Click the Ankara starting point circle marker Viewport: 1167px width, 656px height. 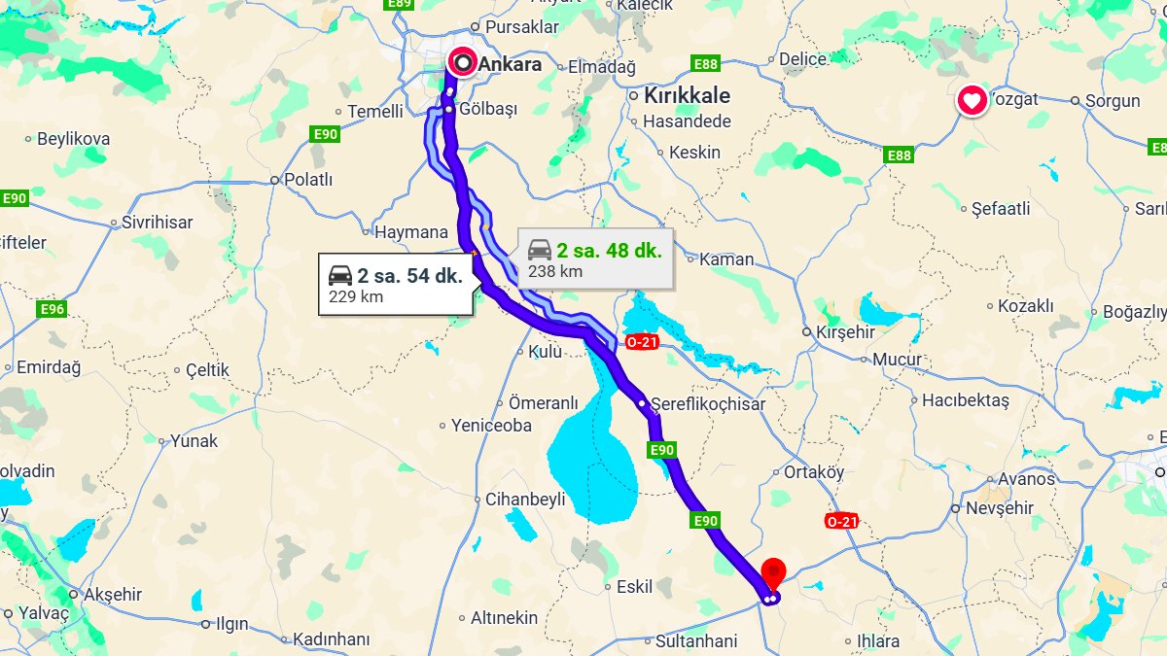464,63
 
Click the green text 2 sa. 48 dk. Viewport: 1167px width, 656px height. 609,251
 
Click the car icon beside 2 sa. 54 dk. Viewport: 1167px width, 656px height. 340,275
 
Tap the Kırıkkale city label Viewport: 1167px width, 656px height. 689,96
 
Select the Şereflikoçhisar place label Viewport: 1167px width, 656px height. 708,403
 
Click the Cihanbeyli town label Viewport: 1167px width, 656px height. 525,500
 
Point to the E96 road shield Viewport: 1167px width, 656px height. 53,309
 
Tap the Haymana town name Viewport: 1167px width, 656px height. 411,231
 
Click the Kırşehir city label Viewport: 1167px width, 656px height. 845,331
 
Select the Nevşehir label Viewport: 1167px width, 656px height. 999,508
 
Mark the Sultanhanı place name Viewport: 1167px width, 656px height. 696,641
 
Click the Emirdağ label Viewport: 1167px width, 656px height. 49,366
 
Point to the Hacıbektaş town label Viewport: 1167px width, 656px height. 966,399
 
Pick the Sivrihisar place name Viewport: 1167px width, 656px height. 158,222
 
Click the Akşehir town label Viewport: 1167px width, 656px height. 113,594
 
